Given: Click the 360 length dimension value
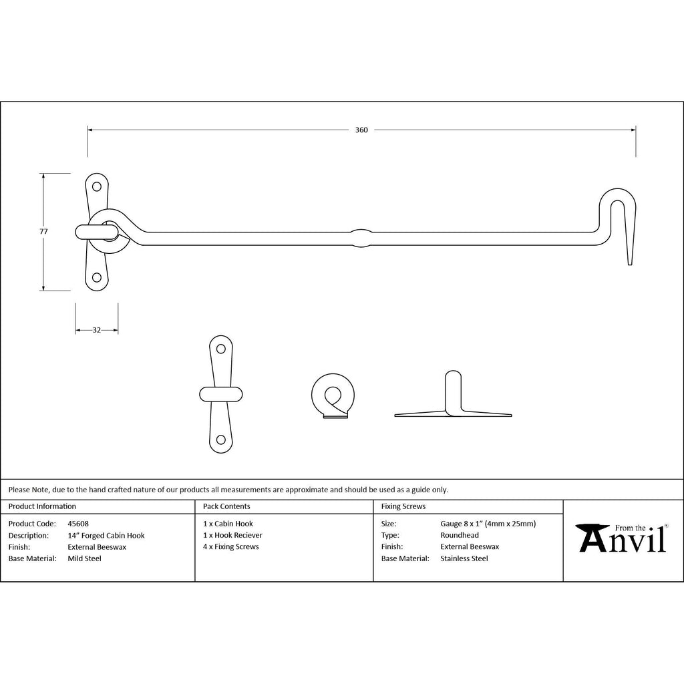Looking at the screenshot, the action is pos(361,130).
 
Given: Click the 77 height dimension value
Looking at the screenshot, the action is pos(43,232).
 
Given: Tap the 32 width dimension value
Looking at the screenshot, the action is pos(96,330).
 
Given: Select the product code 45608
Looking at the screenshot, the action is pos(78,524).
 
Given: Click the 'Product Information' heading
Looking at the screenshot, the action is pos(42,506).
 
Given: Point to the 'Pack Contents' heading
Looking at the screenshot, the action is pos(226,506).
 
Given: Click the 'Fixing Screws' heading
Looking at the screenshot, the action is pos(403,506).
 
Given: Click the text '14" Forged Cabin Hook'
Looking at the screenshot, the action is pos(106,535).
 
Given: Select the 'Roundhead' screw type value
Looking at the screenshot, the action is pos(460,535).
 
